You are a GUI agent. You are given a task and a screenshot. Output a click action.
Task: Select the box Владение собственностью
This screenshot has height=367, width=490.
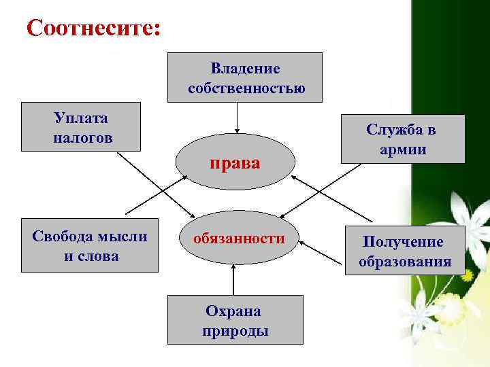tap(245, 77)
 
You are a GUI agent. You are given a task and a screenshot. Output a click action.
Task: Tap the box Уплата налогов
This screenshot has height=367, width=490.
tap(81, 126)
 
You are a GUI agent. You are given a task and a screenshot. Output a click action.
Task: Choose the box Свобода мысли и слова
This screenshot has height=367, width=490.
tap(90, 245)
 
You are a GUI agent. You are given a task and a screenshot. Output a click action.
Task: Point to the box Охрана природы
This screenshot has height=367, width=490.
tap(235, 320)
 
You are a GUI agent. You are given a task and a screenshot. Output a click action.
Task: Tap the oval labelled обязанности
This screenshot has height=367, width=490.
tap(238, 239)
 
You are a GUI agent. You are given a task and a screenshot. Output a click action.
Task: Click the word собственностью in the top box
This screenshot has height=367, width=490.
tap(246, 88)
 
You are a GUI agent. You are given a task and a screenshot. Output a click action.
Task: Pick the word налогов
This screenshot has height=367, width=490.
tap(82, 137)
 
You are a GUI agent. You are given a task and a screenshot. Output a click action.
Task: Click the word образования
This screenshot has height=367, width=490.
tap(405, 262)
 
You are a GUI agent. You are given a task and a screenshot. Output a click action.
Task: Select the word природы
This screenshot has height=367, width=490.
tap(235, 331)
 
